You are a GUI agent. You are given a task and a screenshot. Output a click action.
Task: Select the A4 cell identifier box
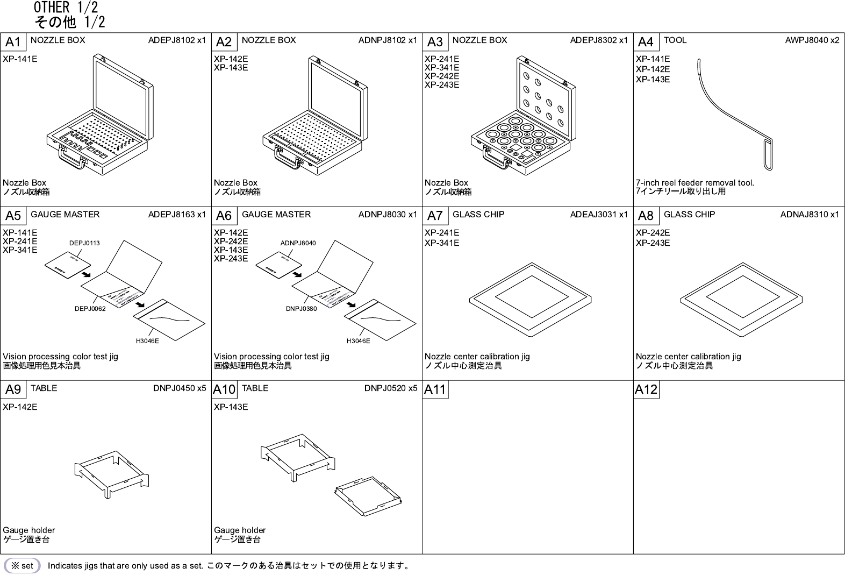coord(646,42)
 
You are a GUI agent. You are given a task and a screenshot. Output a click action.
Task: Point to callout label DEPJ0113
coord(84,243)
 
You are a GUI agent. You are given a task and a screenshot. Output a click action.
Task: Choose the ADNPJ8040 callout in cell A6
coord(298,243)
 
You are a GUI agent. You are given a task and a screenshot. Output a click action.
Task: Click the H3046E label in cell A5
coord(147,341)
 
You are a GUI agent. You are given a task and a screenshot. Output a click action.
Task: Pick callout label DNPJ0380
coord(301,309)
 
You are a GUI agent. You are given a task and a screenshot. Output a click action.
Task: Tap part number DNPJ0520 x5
coord(390,388)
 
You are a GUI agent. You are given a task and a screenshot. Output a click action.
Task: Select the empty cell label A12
coord(646,389)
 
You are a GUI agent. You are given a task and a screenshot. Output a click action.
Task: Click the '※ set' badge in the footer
coord(22,566)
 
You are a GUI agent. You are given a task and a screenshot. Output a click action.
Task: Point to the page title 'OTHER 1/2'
coord(66,8)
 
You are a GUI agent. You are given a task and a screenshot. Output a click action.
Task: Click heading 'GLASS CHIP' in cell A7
coord(478,215)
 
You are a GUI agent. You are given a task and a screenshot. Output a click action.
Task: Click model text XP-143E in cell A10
coord(231,407)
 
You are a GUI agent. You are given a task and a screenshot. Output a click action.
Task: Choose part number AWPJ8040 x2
coord(812,40)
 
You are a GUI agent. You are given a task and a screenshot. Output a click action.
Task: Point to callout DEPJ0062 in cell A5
coord(90,309)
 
